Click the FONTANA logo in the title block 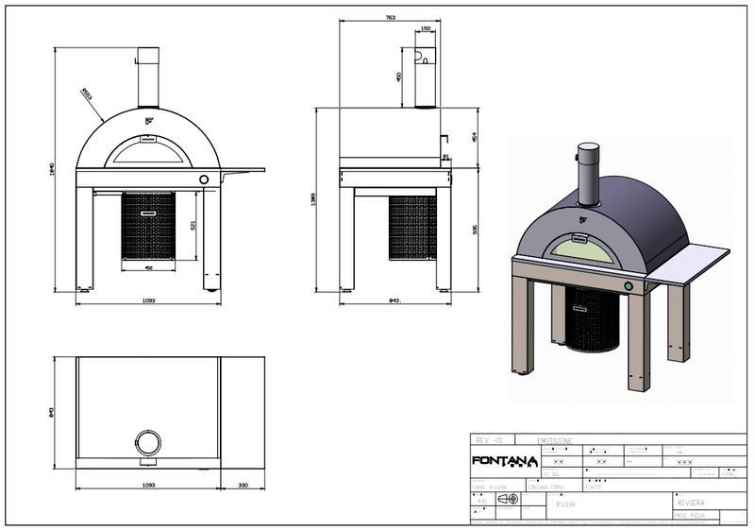point(504,462)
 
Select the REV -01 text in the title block point(490,440)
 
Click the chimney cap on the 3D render point(588,148)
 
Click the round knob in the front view point(203,180)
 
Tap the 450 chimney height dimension point(399,76)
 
